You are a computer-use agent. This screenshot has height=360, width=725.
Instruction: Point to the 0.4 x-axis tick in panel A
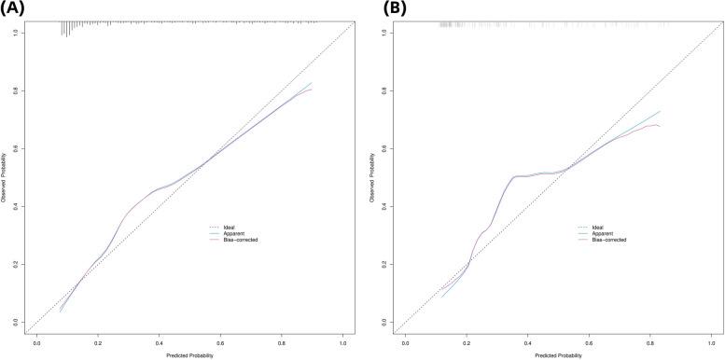click(x=160, y=342)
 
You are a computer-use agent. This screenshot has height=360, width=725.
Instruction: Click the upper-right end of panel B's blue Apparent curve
click(x=660, y=112)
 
